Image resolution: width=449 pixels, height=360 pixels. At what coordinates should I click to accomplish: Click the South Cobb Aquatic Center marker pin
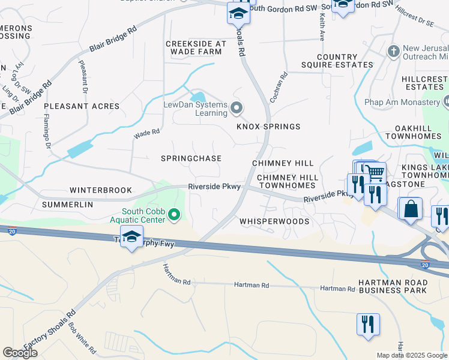174,214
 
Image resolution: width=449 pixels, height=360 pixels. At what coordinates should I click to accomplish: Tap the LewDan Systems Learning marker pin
237,109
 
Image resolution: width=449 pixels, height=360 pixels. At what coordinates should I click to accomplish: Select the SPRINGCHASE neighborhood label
191,158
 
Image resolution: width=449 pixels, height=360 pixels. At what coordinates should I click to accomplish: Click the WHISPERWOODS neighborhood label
274,221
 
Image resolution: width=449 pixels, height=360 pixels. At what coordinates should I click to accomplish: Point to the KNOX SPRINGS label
268,127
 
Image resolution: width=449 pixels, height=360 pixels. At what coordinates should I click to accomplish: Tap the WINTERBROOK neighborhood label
100,190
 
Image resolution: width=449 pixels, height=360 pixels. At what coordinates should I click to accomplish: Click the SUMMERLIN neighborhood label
67,205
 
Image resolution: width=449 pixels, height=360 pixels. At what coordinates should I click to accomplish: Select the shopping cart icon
375,173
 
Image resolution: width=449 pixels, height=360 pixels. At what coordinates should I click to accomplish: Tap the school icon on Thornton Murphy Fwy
131,236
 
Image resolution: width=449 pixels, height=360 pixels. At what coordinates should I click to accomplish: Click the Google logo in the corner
20,353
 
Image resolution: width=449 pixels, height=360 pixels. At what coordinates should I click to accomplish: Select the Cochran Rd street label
279,87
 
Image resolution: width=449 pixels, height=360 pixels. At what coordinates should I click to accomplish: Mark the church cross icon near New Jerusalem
394,50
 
